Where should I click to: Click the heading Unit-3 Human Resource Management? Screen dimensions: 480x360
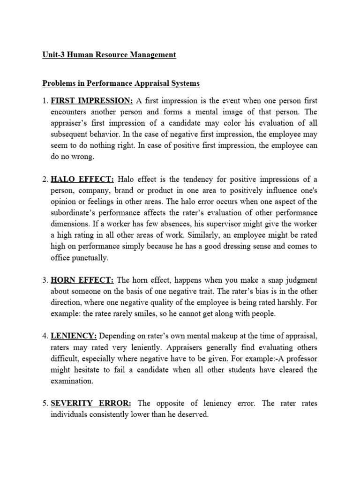click(x=109, y=55)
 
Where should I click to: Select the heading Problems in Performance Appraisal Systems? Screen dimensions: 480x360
click(x=121, y=83)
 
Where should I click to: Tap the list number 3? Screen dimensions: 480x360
click(x=45, y=280)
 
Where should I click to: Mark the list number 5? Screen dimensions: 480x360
click(x=45, y=404)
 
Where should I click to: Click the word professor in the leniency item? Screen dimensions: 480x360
click(x=300, y=359)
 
